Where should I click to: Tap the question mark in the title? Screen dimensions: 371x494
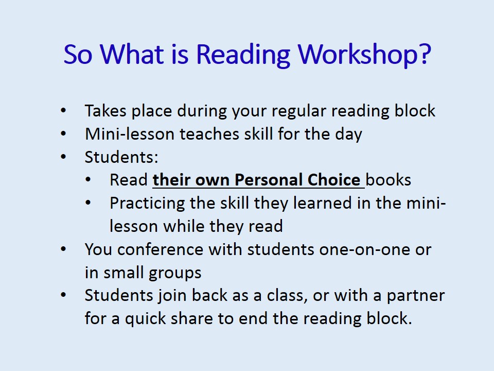tap(423, 54)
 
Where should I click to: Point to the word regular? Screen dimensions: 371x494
tap(295, 111)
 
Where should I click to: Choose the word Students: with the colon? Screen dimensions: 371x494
tap(114, 157)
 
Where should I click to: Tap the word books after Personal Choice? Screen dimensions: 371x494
tap(389, 180)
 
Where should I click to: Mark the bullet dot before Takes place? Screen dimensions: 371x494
tap(63, 111)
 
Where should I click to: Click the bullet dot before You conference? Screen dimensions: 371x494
tap(63, 249)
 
